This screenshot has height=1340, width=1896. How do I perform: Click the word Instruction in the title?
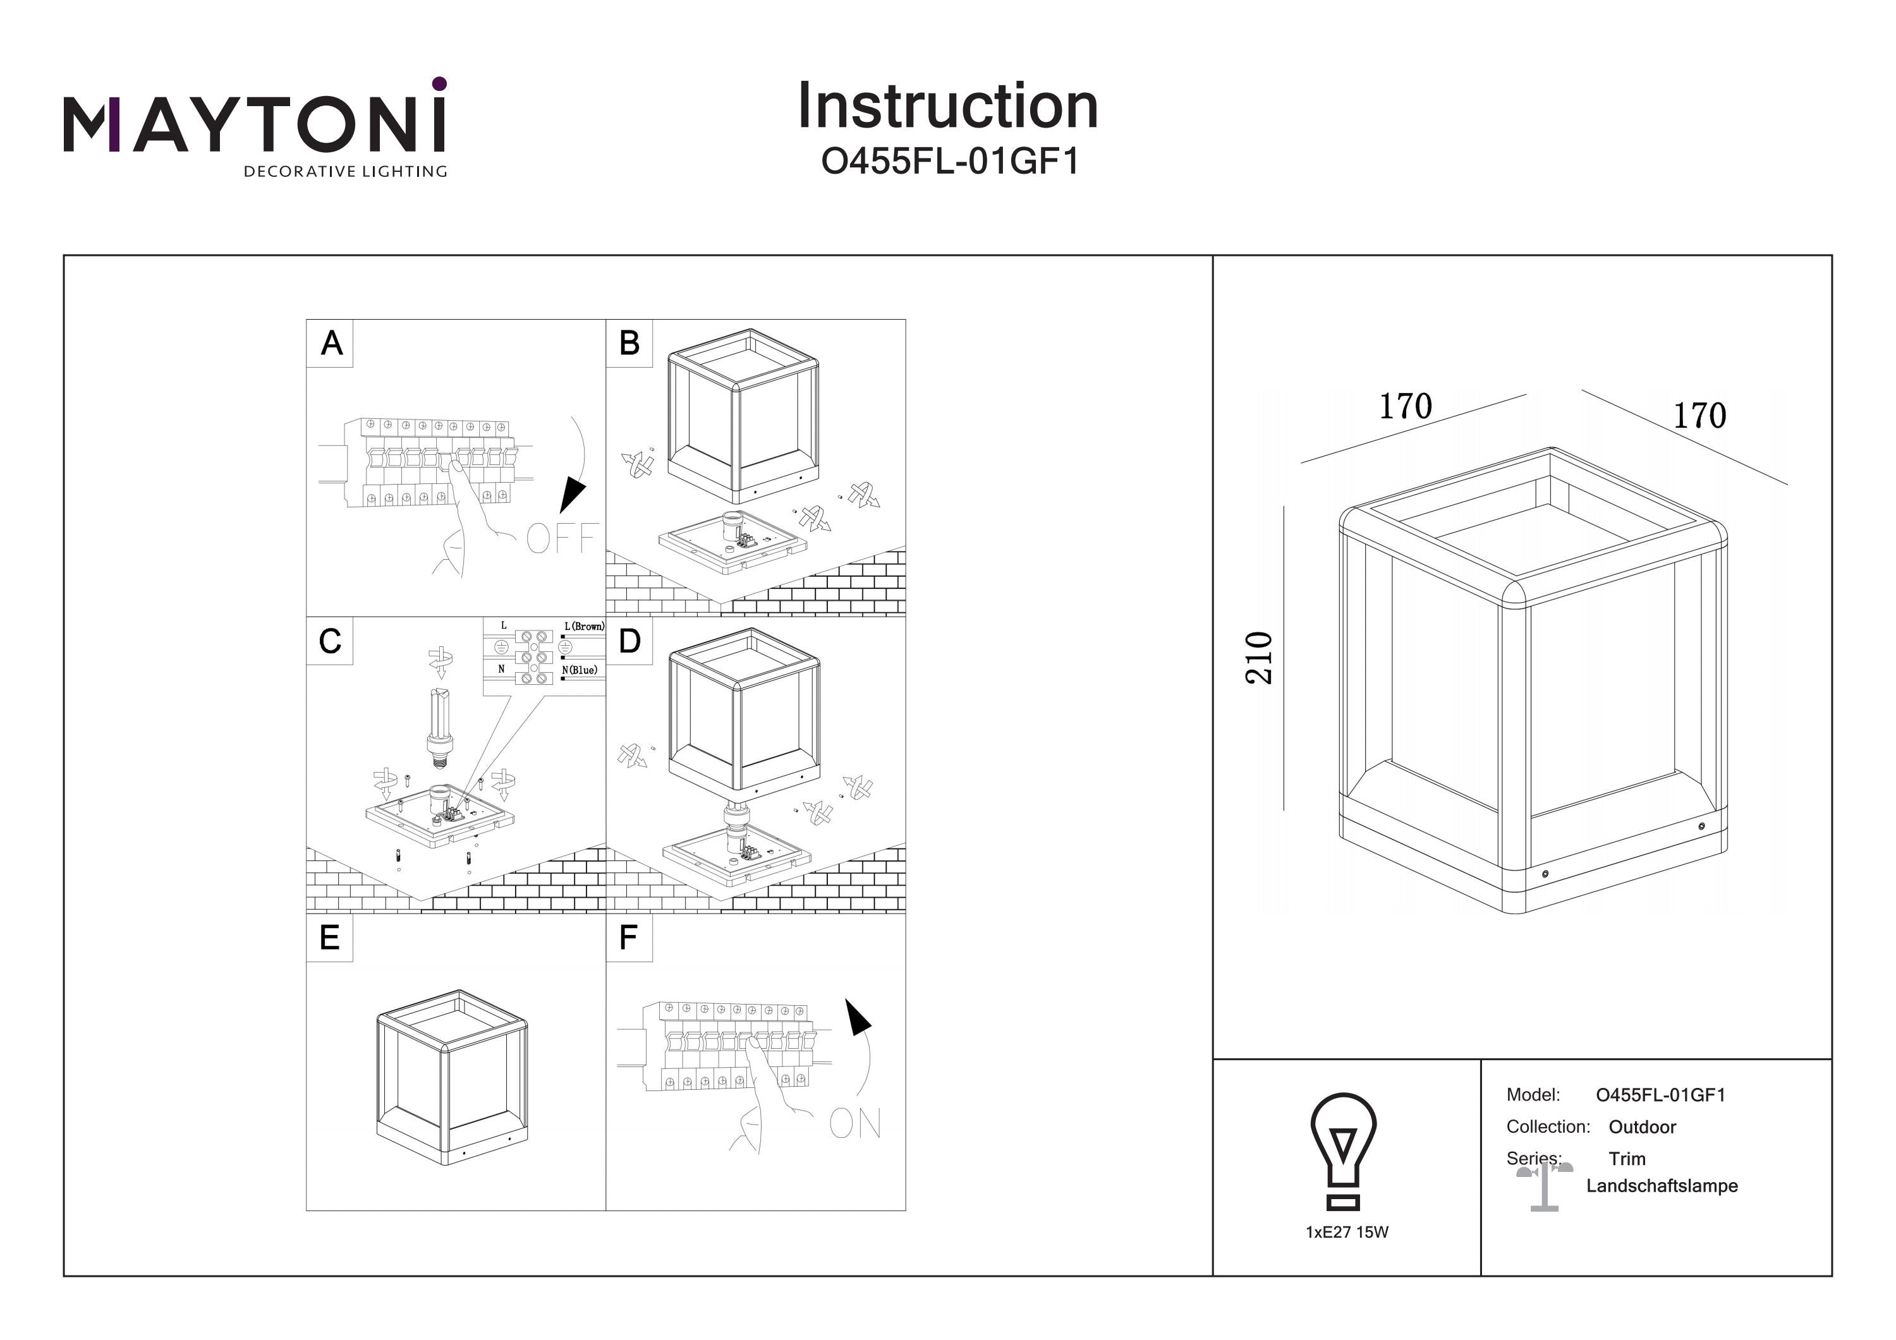(947, 107)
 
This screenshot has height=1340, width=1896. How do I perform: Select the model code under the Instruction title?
(950, 162)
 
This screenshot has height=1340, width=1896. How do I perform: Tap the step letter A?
(331, 342)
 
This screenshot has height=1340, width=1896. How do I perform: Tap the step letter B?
(629, 342)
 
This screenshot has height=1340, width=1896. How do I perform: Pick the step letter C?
(329, 641)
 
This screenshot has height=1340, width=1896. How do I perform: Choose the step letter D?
(629, 641)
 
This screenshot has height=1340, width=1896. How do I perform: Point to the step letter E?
(329, 938)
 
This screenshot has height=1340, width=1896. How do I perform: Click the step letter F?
(628, 938)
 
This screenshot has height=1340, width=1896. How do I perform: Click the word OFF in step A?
(562, 539)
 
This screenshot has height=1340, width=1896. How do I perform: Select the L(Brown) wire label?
(584, 627)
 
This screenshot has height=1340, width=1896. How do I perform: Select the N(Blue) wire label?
(579, 670)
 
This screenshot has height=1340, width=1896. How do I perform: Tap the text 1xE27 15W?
(1347, 1232)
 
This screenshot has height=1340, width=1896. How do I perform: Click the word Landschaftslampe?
(1662, 1186)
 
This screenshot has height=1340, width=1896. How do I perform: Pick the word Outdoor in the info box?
(1642, 1127)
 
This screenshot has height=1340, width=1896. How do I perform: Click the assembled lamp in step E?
(453, 1077)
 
